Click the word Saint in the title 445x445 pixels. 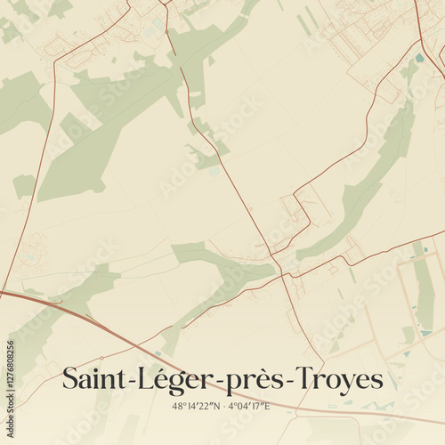(93, 378)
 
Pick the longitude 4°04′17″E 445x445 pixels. (248, 406)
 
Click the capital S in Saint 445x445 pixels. (69, 378)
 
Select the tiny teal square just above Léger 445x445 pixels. (158, 353)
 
